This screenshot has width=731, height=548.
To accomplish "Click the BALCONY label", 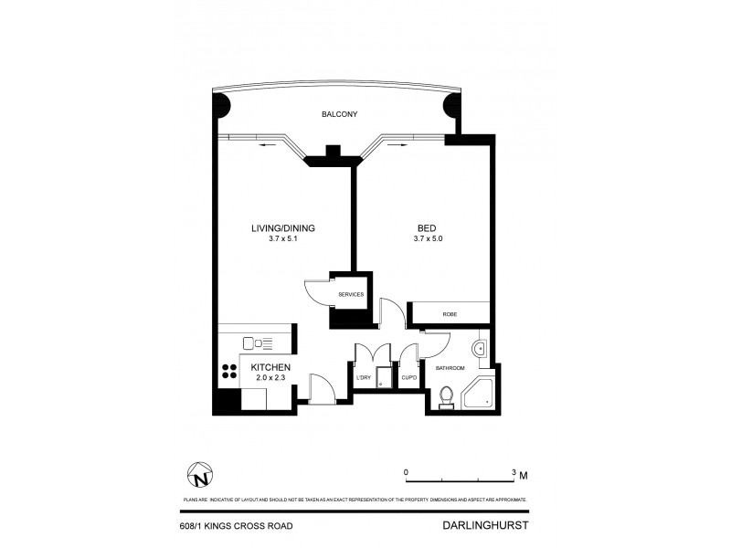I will click(x=338, y=114).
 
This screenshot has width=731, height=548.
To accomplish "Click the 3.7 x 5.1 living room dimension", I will click(x=283, y=238).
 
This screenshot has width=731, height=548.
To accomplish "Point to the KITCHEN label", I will click(x=271, y=367).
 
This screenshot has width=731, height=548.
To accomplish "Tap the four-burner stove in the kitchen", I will click(x=227, y=372).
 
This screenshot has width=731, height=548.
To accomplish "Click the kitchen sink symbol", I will click(x=261, y=343).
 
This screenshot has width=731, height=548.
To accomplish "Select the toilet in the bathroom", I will click(x=446, y=395).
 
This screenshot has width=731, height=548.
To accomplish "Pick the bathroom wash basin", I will click(x=481, y=348).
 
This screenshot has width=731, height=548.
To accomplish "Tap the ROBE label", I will click(x=450, y=314).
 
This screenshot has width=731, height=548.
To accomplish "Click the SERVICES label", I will click(x=351, y=295).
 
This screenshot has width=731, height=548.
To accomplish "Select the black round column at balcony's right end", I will click(x=453, y=106).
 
